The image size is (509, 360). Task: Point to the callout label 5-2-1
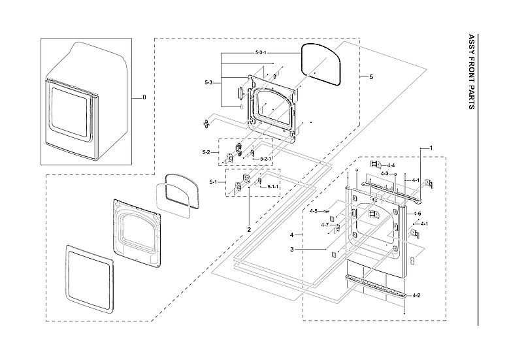click(x=266, y=159)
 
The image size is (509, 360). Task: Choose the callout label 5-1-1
click(x=272, y=187)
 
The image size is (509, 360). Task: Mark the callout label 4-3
click(x=386, y=174)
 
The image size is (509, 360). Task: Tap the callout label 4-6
click(x=418, y=214)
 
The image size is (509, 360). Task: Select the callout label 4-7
click(x=325, y=225)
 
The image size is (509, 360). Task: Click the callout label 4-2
click(x=416, y=295)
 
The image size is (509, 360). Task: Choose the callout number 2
click(x=249, y=230)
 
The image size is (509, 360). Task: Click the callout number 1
click(x=431, y=148)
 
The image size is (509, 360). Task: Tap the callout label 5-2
click(x=206, y=152)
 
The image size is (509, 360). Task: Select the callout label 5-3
click(x=208, y=82)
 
